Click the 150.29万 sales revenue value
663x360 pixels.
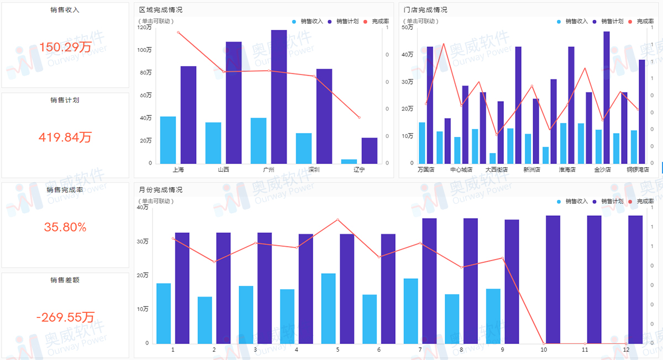pos(65,47)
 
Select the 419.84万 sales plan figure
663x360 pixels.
pos(65,137)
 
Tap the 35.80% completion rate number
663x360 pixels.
pos(65,227)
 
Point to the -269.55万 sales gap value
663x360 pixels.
pos(65,317)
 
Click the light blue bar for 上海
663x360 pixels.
pos(168,140)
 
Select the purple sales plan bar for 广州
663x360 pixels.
pos(279,97)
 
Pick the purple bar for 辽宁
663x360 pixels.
pos(370,151)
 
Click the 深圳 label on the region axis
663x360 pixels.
pos(314,170)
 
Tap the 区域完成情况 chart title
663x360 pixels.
pos(160,10)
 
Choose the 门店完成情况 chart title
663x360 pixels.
pos(425,10)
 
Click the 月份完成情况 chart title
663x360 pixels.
pos(160,190)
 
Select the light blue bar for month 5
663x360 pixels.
pos(329,309)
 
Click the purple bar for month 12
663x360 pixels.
pos(635,279)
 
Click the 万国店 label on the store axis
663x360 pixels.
pos(426,170)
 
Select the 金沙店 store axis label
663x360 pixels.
pos(602,170)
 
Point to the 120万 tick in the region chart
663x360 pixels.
pos(145,28)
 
